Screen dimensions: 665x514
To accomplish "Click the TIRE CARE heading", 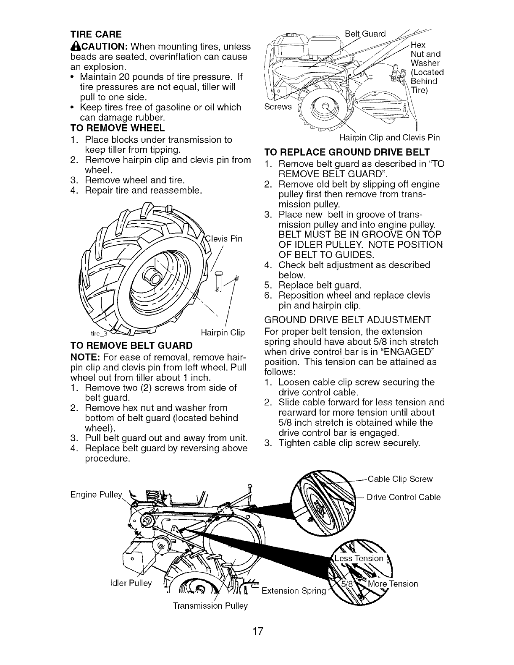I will pyautogui.click(x=96, y=34).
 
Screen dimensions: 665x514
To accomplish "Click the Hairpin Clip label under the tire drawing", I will pyautogui.click(x=223, y=333).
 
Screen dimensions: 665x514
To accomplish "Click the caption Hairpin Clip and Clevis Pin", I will pyautogui.click(x=389, y=138).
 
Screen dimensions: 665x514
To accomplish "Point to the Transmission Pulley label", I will pyautogui.click(x=210, y=606).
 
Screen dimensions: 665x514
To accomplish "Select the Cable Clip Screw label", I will pyautogui.click(x=400, y=479).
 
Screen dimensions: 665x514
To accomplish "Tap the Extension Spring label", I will pyautogui.click(x=294, y=591).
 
